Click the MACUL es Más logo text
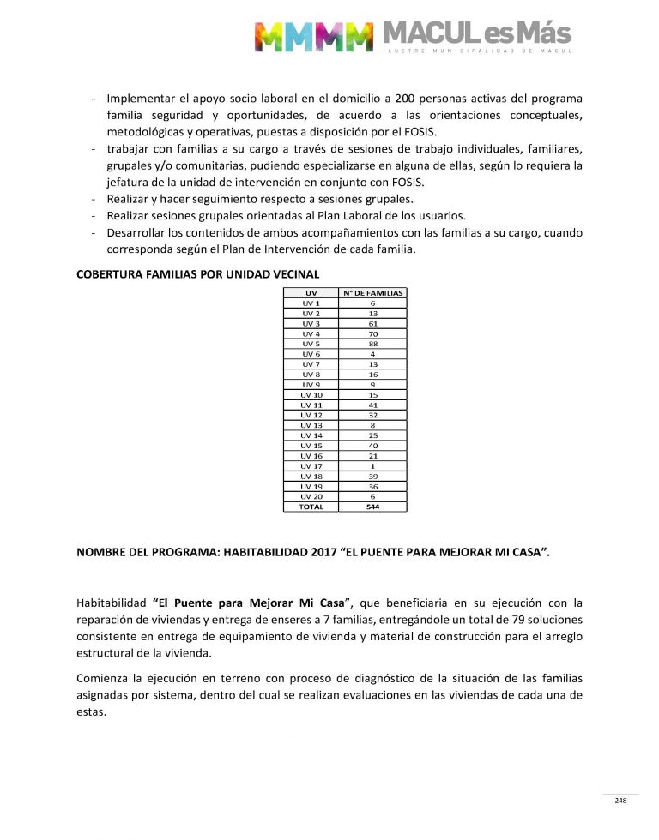click(475, 35)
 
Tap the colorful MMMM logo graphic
click(314, 36)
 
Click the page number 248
click(620, 801)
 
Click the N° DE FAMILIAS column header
click(372, 293)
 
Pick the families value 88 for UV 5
click(372, 344)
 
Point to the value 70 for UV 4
click(372, 333)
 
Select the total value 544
click(372, 507)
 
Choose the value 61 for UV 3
click(372, 323)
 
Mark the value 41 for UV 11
click(372, 405)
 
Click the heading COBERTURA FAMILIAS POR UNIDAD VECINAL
click(198, 274)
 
